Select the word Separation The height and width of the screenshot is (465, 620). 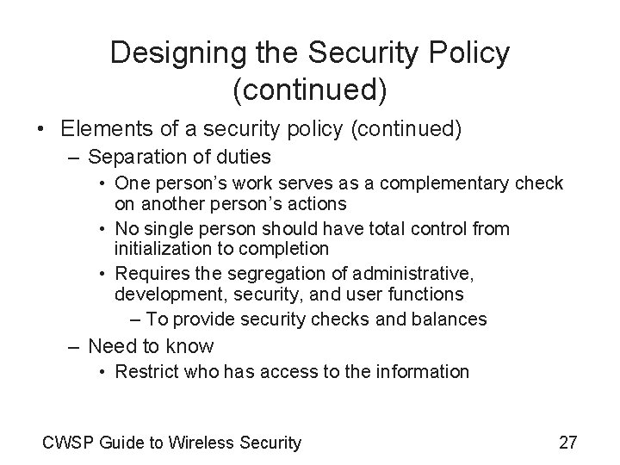click(130, 158)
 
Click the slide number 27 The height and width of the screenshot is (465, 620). click(567, 443)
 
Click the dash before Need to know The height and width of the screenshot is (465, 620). click(72, 347)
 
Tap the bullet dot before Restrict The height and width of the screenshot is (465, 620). click(102, 372)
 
